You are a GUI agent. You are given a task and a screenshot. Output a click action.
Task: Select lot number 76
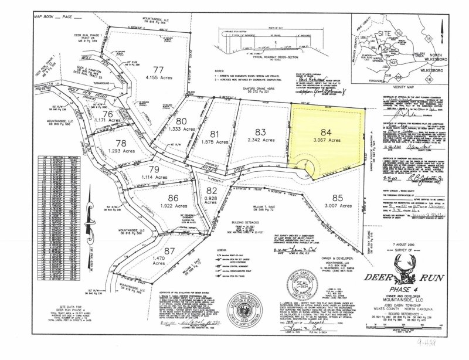tap(107, 114)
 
